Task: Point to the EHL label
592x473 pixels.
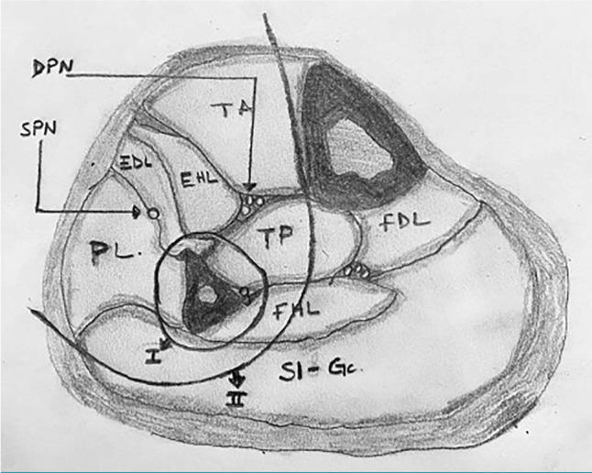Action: (x=202, y=179)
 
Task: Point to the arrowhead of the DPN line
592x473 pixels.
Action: (x=250, y=188)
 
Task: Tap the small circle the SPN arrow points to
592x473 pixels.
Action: (x=153, y=213)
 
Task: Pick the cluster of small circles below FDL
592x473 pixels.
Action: (x=359, y=271)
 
